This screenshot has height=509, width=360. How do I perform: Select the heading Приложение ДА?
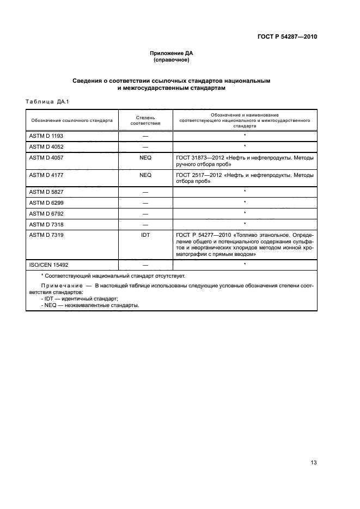[x=172, y=53]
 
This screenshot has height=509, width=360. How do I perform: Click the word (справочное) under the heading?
[x=172, y=60]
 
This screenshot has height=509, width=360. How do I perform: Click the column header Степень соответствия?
[x=145, y=120]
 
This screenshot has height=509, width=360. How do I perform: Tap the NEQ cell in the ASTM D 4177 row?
[x=145, y=175]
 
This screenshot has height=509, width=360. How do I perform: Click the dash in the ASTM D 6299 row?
[x=145, y=203]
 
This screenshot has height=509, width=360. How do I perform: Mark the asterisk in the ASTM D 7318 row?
[x=245, y=224]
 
